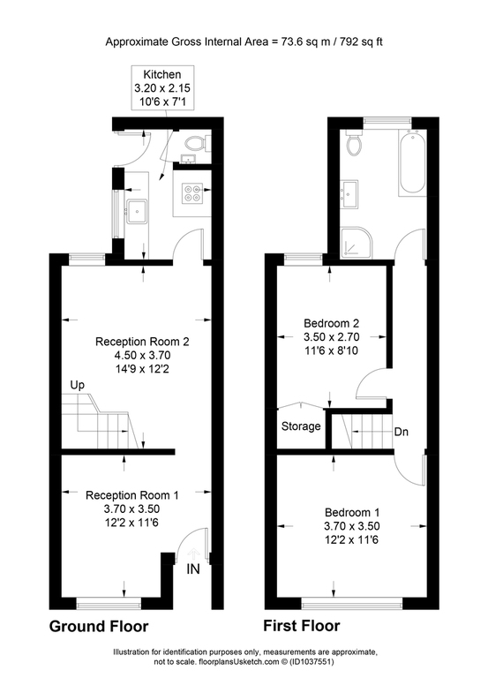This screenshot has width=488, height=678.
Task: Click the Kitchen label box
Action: (x=162, y=87)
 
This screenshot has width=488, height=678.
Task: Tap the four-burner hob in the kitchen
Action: (x=192, y=192)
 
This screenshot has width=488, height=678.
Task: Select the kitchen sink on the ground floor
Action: (x=137, y=211)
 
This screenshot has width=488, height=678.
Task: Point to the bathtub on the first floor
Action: (x=412, y=162)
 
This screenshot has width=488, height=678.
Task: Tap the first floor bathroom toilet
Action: (x=355, y=142)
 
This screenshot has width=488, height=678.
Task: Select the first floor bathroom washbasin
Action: (x=349, y=193)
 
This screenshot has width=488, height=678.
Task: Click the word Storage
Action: (x=301, y=426)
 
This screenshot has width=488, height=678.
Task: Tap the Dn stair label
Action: (x=402, y=432)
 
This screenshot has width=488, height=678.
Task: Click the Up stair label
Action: (x=77, y=385)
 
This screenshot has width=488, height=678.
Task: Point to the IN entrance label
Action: (x=193, y=569)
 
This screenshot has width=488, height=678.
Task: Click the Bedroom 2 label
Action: (x=332, y=323)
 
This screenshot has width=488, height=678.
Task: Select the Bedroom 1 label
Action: (x=352, y=512)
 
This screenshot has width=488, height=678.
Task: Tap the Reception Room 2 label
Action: (x=142, y=342)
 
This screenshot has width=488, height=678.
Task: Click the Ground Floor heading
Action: (x=99, y=626)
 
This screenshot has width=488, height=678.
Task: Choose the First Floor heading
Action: (x=302, y=626)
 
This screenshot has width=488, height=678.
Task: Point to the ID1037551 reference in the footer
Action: (x=312, y=662)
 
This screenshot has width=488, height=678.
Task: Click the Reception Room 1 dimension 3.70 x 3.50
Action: (x=131, y=508)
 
